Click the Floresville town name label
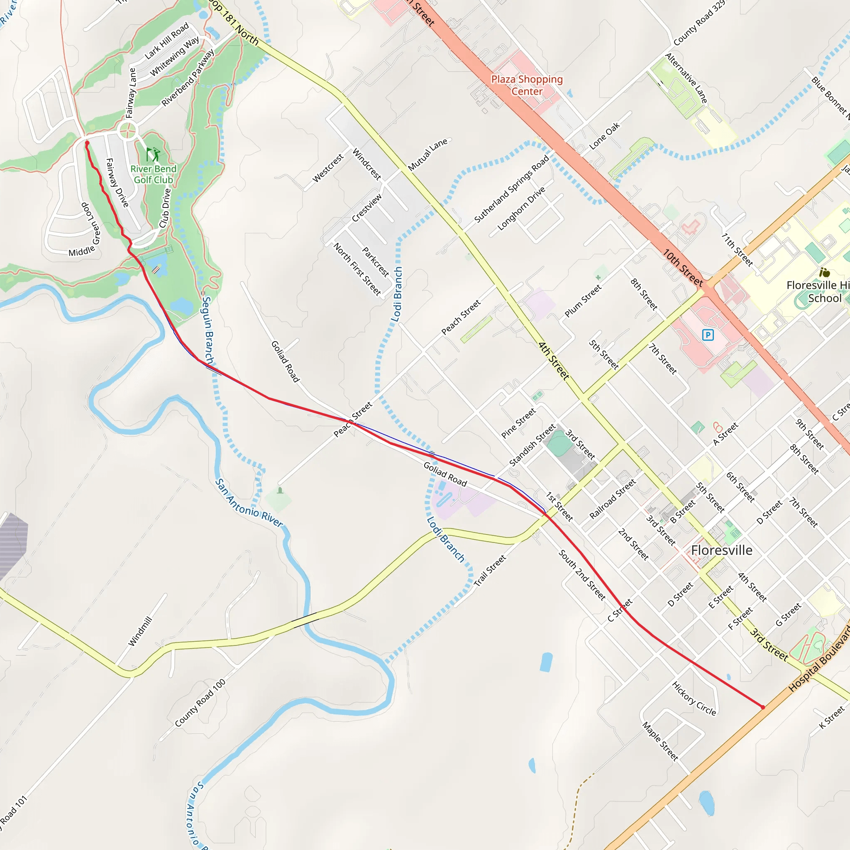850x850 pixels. click(721, 550)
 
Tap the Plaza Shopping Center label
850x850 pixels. click(527, 85)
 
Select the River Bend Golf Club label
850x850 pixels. click(153, 174)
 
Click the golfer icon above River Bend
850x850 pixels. click(153, 154)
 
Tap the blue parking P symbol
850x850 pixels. click(708, 335)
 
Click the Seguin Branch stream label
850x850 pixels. click(208, 330)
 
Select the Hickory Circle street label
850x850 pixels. click(694, 698)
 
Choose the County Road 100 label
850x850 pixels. click(200, 703)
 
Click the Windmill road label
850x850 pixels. click(140, 631)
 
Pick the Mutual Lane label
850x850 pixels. click(427, 154)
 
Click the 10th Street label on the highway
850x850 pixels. click(682, 268)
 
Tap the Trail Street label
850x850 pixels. click(490, 571)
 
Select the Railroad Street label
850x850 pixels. click(613, 499)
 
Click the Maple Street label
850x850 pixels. click(660, 741)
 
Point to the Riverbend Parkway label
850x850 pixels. click(188, 78)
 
